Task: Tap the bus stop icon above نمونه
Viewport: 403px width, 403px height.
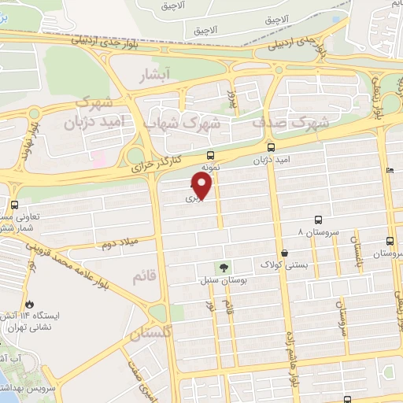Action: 210,155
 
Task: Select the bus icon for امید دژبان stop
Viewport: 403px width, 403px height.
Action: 272,147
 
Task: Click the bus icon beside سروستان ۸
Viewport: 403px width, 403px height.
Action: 318,220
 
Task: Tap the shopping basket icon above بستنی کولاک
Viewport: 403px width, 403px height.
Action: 284,253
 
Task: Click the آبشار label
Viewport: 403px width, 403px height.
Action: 155,77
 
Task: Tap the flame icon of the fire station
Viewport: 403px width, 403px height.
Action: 30,305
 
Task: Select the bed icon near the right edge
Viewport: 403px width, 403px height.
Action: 390,170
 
